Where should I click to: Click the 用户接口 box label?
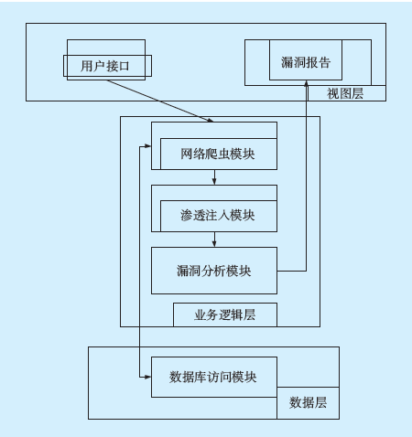(105, 66)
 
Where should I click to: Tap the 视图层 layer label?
(345, 93)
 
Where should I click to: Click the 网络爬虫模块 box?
(219, 154)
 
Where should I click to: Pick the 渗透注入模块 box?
(219, 216)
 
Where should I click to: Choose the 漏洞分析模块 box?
(214, 271)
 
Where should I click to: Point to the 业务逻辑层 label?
(225, 314)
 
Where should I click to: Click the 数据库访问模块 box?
(214, 377)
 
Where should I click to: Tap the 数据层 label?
(308, 402)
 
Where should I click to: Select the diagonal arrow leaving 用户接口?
(160, 101)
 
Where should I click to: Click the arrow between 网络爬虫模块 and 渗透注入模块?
(214, 177)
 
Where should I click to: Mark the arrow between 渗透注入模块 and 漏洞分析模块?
(214, 240)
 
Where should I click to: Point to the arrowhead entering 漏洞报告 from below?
(306, 83)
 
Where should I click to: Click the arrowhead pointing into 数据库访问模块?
(148, 377)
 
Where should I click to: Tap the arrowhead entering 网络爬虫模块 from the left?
(148, 146)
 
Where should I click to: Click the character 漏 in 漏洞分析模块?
(183, 271)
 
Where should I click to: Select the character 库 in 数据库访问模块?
(201, 378)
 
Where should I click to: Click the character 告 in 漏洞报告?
(324, 62)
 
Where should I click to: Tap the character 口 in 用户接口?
(124, 66)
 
